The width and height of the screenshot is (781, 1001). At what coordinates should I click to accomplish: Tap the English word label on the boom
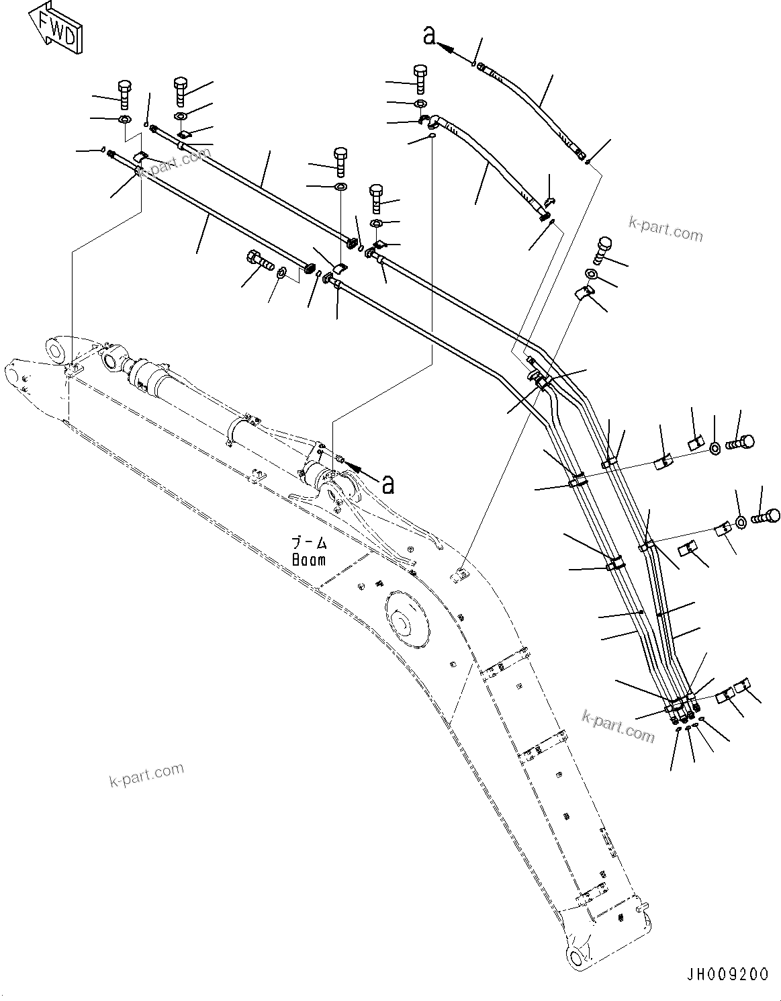[309, 559]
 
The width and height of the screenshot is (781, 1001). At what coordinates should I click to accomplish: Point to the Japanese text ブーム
[308, 542]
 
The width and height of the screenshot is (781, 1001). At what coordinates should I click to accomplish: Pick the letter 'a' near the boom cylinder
[387, 484]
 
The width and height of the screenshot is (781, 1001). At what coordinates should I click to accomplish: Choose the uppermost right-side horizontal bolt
[739, 443]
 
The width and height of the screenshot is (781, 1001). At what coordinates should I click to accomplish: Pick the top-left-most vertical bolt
[124, 95]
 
